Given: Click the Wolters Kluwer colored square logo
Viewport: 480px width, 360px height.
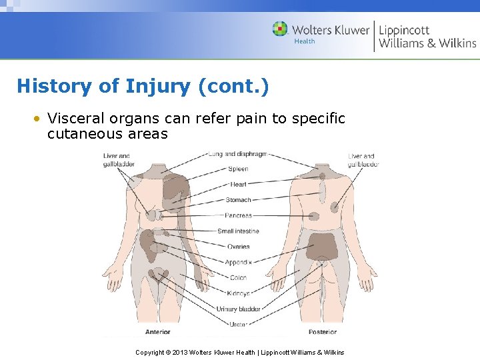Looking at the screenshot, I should point(280,29).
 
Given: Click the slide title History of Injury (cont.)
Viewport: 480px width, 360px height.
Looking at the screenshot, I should point(143,86).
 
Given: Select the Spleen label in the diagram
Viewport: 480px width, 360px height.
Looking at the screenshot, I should point(238,169).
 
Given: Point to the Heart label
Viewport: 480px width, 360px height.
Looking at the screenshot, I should point(238,185).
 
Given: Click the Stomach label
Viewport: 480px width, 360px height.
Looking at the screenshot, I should point(238,200).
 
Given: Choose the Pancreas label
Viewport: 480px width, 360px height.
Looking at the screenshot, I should point(238,215).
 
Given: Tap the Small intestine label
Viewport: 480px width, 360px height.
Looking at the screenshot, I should point(238,231).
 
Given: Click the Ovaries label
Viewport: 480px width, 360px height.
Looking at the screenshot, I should point(238,247).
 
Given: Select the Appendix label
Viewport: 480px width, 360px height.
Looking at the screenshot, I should point(238,262).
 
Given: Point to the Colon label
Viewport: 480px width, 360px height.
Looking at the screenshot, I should point(238,277).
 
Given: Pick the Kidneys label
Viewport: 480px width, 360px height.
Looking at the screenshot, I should point(238,293).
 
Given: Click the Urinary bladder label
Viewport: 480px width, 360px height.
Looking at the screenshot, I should point(238,309).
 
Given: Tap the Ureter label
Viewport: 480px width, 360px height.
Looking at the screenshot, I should point(238,325).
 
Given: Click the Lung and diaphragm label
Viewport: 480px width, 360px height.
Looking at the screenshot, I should point(237,154).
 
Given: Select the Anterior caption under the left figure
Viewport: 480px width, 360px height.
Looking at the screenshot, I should point(157,332).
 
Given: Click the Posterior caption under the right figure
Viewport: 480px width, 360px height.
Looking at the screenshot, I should point(322,332).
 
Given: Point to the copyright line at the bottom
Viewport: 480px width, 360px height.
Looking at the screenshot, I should point(239,352).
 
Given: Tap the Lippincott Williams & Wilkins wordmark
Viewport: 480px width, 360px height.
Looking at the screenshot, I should point(427,37).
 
